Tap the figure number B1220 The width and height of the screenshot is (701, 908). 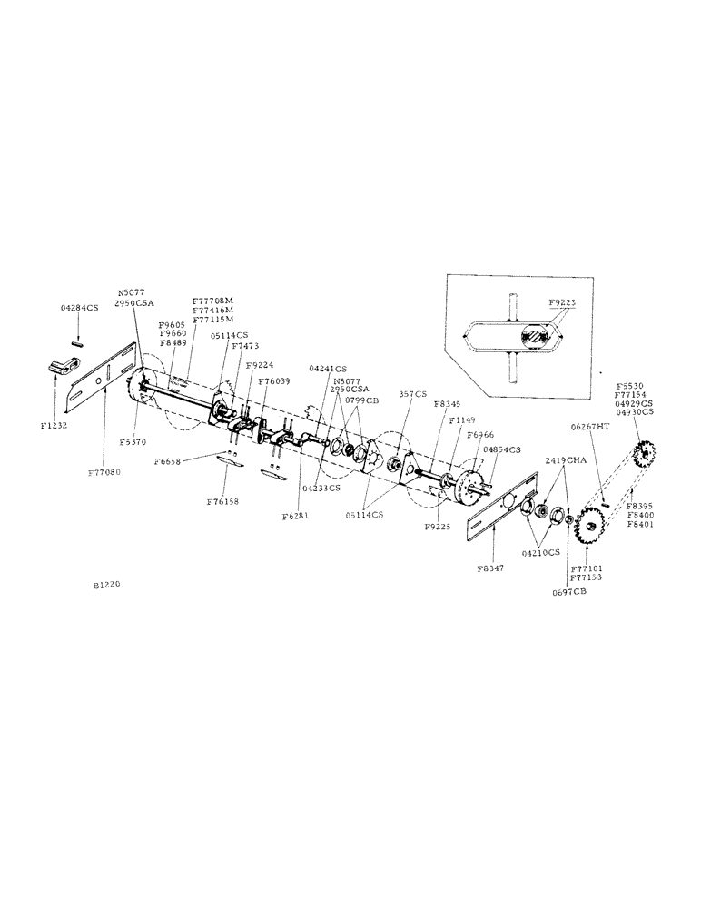(x=105, y=586)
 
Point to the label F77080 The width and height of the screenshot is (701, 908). (x=106, y=472)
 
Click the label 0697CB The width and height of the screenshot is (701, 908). (x=570, y=591)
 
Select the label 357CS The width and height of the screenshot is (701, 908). (x=413, y=395)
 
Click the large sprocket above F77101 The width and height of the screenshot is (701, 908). (x=591, y=527)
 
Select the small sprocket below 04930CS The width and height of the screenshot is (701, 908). (x=646, y=453)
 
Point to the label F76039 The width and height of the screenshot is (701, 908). (x=274, y=381)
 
